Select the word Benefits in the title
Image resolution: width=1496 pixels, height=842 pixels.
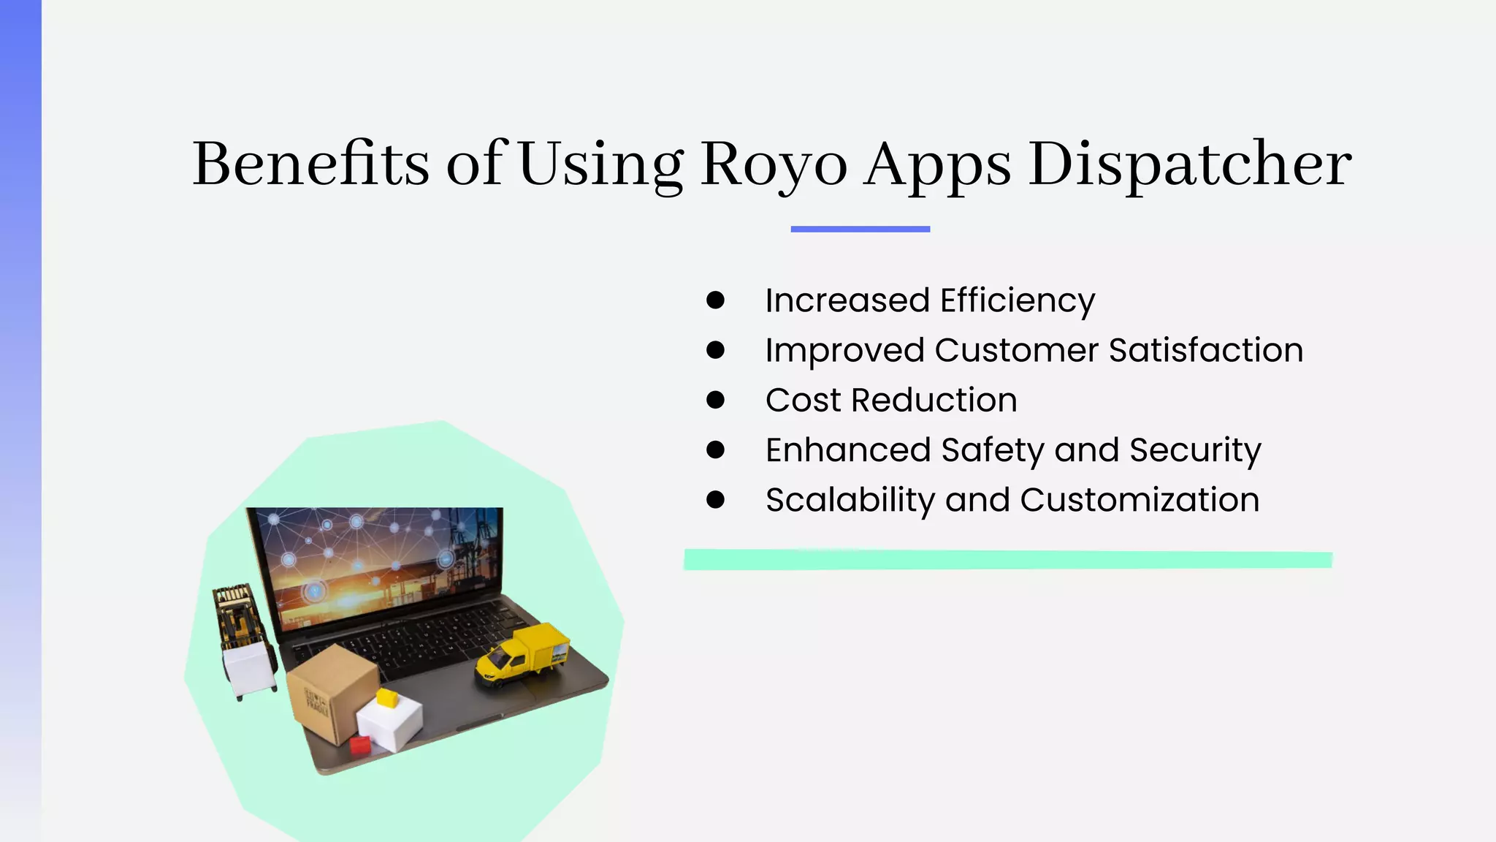click(x=310, y=164)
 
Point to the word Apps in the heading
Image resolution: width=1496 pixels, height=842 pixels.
click(x=938, y=165)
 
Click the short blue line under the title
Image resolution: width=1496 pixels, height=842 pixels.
click(x=860, y=230)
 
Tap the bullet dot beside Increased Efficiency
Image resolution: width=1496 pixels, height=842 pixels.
click(x=715, y=300)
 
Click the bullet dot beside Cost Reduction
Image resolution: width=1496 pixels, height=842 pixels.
click(x=715, y=400)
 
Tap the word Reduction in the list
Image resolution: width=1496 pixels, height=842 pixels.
click(x=934, y=401)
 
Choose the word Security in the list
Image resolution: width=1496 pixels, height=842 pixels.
click(x=1195, y=450)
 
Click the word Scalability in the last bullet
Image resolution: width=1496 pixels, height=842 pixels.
click(x=850, y=501)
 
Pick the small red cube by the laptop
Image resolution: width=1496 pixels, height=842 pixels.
click(x=360, y=745)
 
